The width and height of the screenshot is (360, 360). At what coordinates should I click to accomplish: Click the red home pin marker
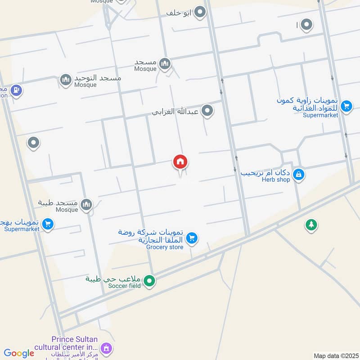click(x=180, y=162)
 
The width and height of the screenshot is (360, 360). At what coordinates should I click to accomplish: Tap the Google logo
click(x=19, y=353)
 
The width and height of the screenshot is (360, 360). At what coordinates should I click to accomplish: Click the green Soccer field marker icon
click(x=150, y=282)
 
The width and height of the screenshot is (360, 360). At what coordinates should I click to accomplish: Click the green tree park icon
click(x=311, y=225)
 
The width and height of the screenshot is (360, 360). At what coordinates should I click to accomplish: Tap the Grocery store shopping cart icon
click(x=192, y=238)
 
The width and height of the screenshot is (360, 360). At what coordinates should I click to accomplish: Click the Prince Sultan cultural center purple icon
click(x=106, y=347)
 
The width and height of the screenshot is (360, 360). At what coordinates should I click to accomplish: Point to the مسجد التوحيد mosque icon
click(x=66, y=81)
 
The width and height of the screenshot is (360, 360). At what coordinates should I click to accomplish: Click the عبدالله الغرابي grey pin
click(x=207, y=110)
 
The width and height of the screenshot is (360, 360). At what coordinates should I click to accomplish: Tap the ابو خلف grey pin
click(x=200, y=13)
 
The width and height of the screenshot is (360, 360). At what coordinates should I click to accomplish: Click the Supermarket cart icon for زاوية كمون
click(x=346, y=106)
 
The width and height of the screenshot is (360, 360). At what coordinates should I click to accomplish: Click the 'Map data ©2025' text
click(x=335, y=355)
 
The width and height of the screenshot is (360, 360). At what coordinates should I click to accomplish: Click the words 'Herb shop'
click(x=277, y=180)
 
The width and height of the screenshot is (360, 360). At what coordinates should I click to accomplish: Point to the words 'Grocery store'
click(x=165, y=247)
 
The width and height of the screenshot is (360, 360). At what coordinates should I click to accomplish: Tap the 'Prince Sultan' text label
click(x=73, y=339)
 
